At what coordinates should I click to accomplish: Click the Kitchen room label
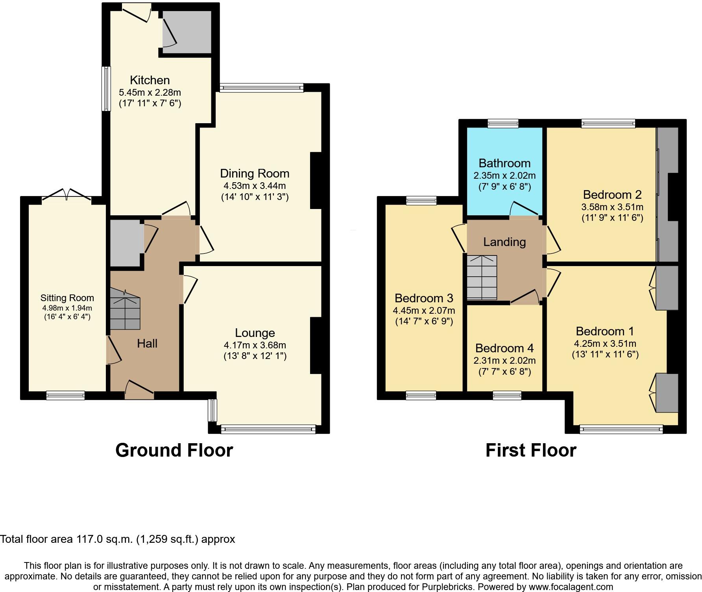coord(150,80)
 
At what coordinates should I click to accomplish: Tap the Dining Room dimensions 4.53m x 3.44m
coord(255,185)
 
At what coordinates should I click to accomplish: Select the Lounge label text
coord(255,333)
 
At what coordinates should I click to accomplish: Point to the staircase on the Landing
coord(482,277)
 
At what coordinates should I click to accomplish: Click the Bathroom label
coord(504,163)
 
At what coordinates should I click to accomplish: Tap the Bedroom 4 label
coord(504,348)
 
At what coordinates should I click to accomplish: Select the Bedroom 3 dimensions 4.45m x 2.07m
coord(424,311)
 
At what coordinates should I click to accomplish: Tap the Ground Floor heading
coord(174,450)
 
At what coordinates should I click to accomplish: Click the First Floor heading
coord(530,450)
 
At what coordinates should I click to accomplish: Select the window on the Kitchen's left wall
coord(106,89)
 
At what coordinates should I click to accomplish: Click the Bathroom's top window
coord(503,124)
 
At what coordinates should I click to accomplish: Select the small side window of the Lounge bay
coord(212,410)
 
